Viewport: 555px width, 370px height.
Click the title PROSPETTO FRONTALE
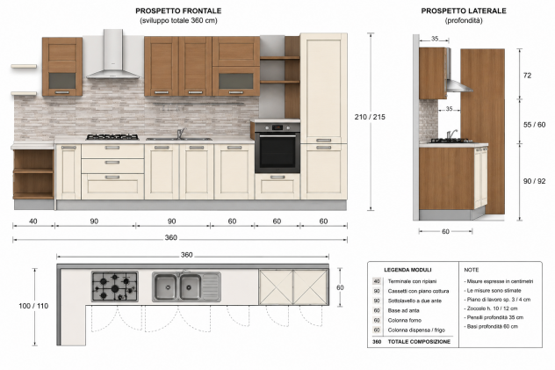178,11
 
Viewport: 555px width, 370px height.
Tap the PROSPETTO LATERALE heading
464,11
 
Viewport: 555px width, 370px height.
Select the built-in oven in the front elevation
277,148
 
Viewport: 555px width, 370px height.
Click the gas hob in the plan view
115,287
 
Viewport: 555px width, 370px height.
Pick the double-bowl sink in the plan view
186,287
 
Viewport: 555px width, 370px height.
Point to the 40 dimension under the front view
32,221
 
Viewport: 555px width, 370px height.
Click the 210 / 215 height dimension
370,117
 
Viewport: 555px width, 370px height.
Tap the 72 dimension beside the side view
528,76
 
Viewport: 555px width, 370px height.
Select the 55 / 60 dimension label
535,125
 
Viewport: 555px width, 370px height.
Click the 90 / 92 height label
535,181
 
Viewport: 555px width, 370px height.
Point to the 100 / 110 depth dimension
33,306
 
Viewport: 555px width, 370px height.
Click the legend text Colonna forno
405,321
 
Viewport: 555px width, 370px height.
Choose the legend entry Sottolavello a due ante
414,301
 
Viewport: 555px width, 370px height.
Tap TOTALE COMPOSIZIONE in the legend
419,342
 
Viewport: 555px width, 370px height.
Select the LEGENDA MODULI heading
407,270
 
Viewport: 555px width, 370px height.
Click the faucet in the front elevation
181,133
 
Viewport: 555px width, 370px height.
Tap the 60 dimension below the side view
445,231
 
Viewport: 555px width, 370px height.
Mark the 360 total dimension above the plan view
187,255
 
